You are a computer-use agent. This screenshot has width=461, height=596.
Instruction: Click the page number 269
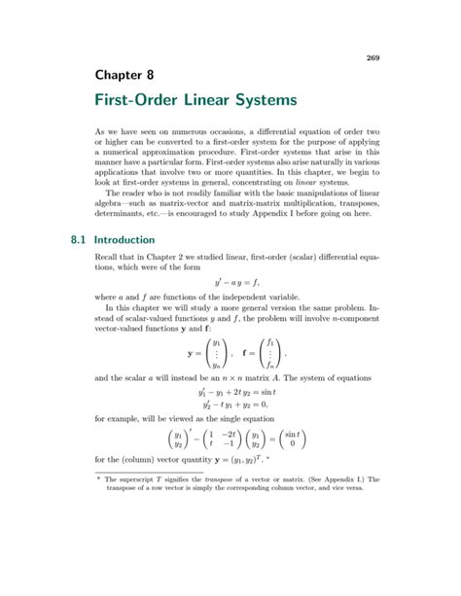[x=372, y=57]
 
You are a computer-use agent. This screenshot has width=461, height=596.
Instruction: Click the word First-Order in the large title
[x=156, y=101]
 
